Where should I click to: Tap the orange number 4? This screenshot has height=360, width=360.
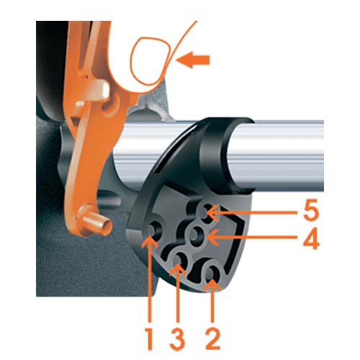(x=311, y=238)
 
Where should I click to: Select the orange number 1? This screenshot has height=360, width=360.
(x=149, y=338)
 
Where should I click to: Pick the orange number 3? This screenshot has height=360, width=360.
(x=177, y=338)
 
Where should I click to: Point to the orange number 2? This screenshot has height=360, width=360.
(x=212, y=338)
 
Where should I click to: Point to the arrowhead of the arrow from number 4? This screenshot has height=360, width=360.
(x=212, y=238)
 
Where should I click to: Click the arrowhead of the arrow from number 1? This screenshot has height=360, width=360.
(x=149, y=242)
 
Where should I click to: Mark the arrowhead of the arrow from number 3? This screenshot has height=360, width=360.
(x=178, y=270)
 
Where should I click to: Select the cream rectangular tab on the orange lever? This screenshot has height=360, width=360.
(x=104, y=90)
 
